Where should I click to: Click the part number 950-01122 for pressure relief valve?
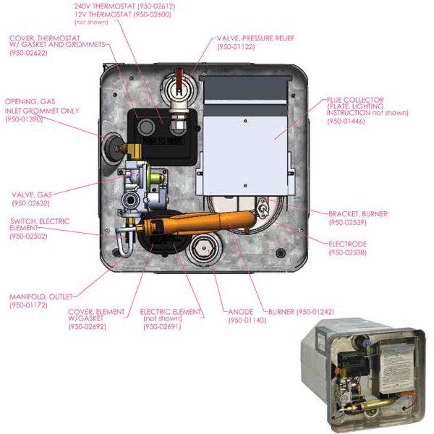click(235, 47)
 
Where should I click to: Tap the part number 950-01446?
click(344, 122)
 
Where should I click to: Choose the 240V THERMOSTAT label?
click(119, 6)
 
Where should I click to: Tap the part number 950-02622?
click(27, 53)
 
